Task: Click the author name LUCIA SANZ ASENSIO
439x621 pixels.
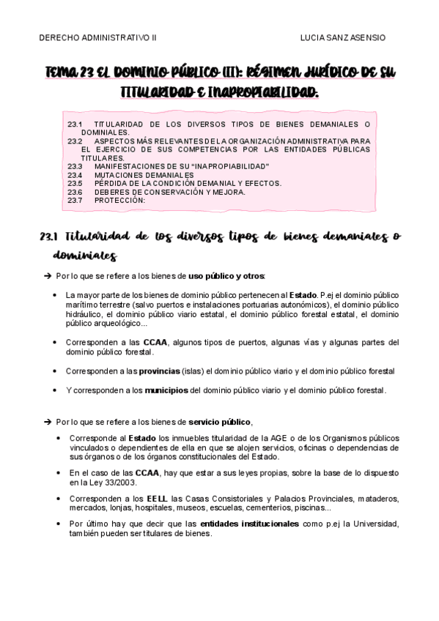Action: (343, 37)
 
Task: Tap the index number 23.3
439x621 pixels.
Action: (75, 166)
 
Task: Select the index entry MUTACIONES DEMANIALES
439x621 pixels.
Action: (144, 175)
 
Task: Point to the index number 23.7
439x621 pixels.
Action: (75, 200)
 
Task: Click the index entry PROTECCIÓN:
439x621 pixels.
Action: (120, 200)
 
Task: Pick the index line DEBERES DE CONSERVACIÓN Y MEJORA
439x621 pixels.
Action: (170, 192)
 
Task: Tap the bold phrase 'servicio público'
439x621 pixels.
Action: (220, 422)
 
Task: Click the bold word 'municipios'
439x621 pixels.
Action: (166, 390)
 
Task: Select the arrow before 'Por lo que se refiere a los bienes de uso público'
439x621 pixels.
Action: (48, 276)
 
